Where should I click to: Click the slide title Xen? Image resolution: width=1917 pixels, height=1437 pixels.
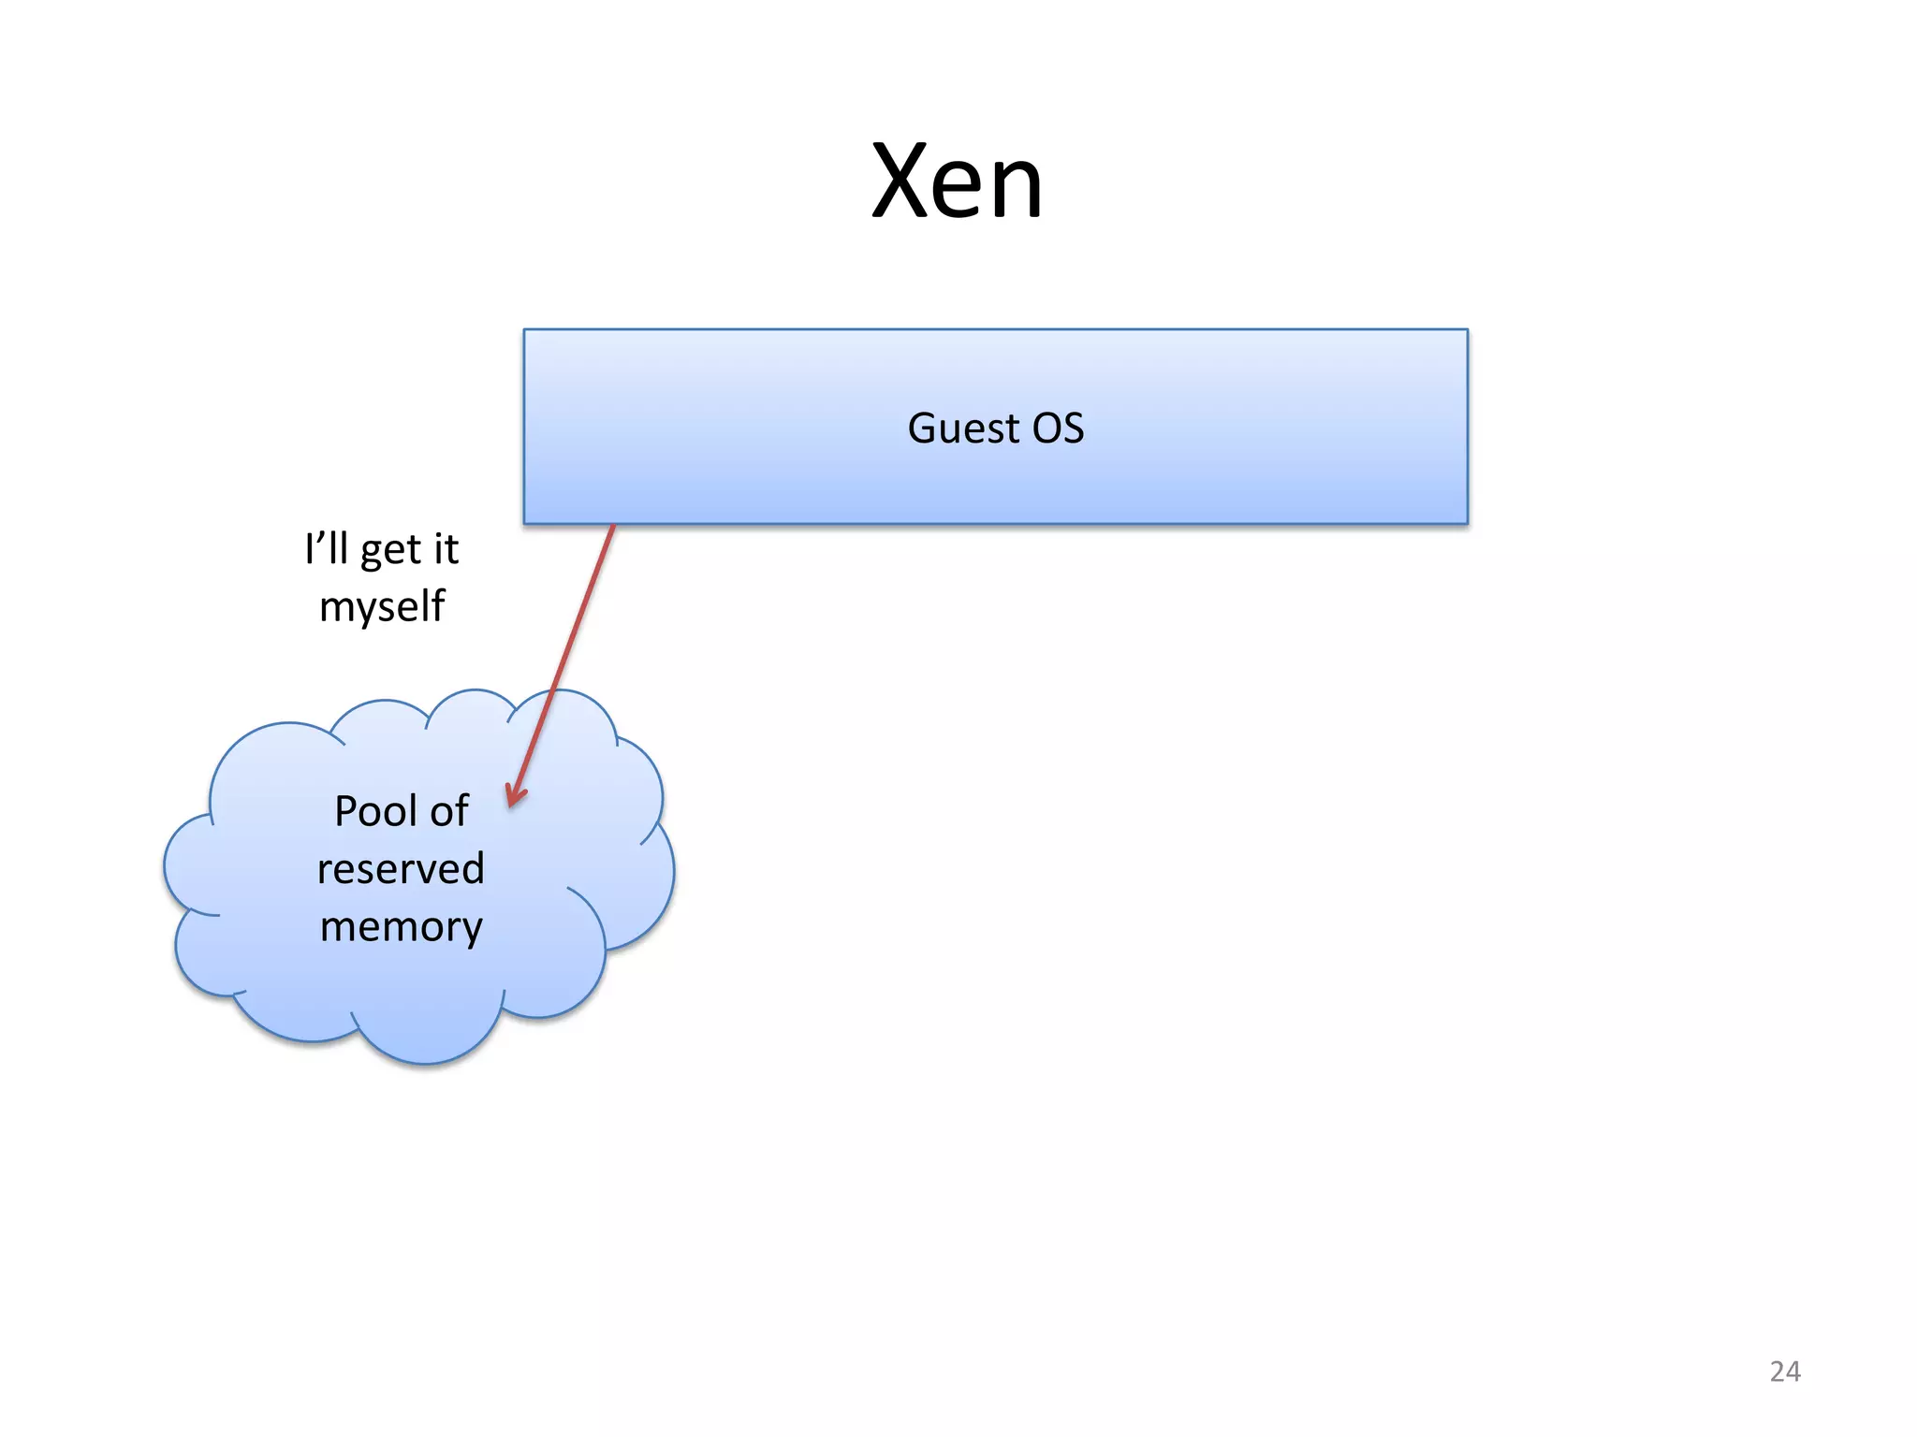click(957, 181)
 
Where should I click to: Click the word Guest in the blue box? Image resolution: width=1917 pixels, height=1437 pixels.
click(962, 428)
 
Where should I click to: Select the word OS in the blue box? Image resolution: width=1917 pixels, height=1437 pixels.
click(1058, 428)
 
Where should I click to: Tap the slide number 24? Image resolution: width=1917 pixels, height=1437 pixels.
click(1784, 1372)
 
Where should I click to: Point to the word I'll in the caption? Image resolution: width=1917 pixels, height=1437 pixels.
click(326, 548)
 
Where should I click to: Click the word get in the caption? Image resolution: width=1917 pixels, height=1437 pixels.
click(390, 552)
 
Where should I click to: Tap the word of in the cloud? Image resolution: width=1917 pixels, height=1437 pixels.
click(449, 811)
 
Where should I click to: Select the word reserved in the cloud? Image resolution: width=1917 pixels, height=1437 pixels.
click(401, 869)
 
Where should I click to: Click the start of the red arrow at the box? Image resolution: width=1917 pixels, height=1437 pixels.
click(613, 527)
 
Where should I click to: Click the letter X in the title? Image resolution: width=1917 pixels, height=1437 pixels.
click(902, 181)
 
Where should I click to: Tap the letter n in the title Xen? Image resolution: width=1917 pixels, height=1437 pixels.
click(1015, 190)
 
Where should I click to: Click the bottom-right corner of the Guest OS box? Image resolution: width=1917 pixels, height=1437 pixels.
click(1467, 523)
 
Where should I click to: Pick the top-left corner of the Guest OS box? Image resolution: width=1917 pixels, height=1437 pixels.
click(525, 330)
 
